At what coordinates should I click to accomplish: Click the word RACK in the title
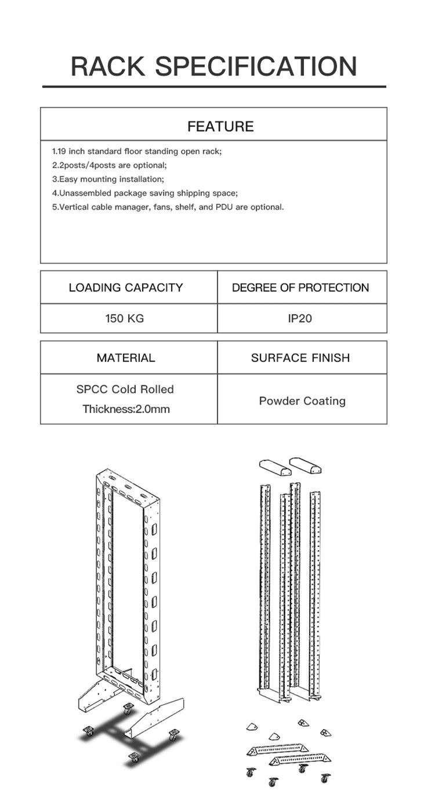108,66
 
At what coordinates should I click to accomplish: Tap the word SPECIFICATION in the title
256,66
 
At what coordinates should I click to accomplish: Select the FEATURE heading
220,127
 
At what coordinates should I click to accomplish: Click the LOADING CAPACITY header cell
126,287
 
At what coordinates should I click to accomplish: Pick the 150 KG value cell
125,318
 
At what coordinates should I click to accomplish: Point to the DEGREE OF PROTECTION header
300,287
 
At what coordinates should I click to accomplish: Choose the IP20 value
300,318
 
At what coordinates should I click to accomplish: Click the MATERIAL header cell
126,358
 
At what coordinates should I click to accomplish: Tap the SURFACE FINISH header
300,358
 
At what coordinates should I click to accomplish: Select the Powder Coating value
302,401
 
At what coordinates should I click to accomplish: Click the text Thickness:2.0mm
126,409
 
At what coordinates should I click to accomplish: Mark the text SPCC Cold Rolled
125,389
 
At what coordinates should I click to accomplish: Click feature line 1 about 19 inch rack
137,151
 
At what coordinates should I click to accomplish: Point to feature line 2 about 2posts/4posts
109,165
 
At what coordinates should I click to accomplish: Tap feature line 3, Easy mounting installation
108,179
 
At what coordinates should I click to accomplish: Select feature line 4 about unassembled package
145,193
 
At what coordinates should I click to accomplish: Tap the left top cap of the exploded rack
273,467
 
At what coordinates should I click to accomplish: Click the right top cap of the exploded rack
306,465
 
